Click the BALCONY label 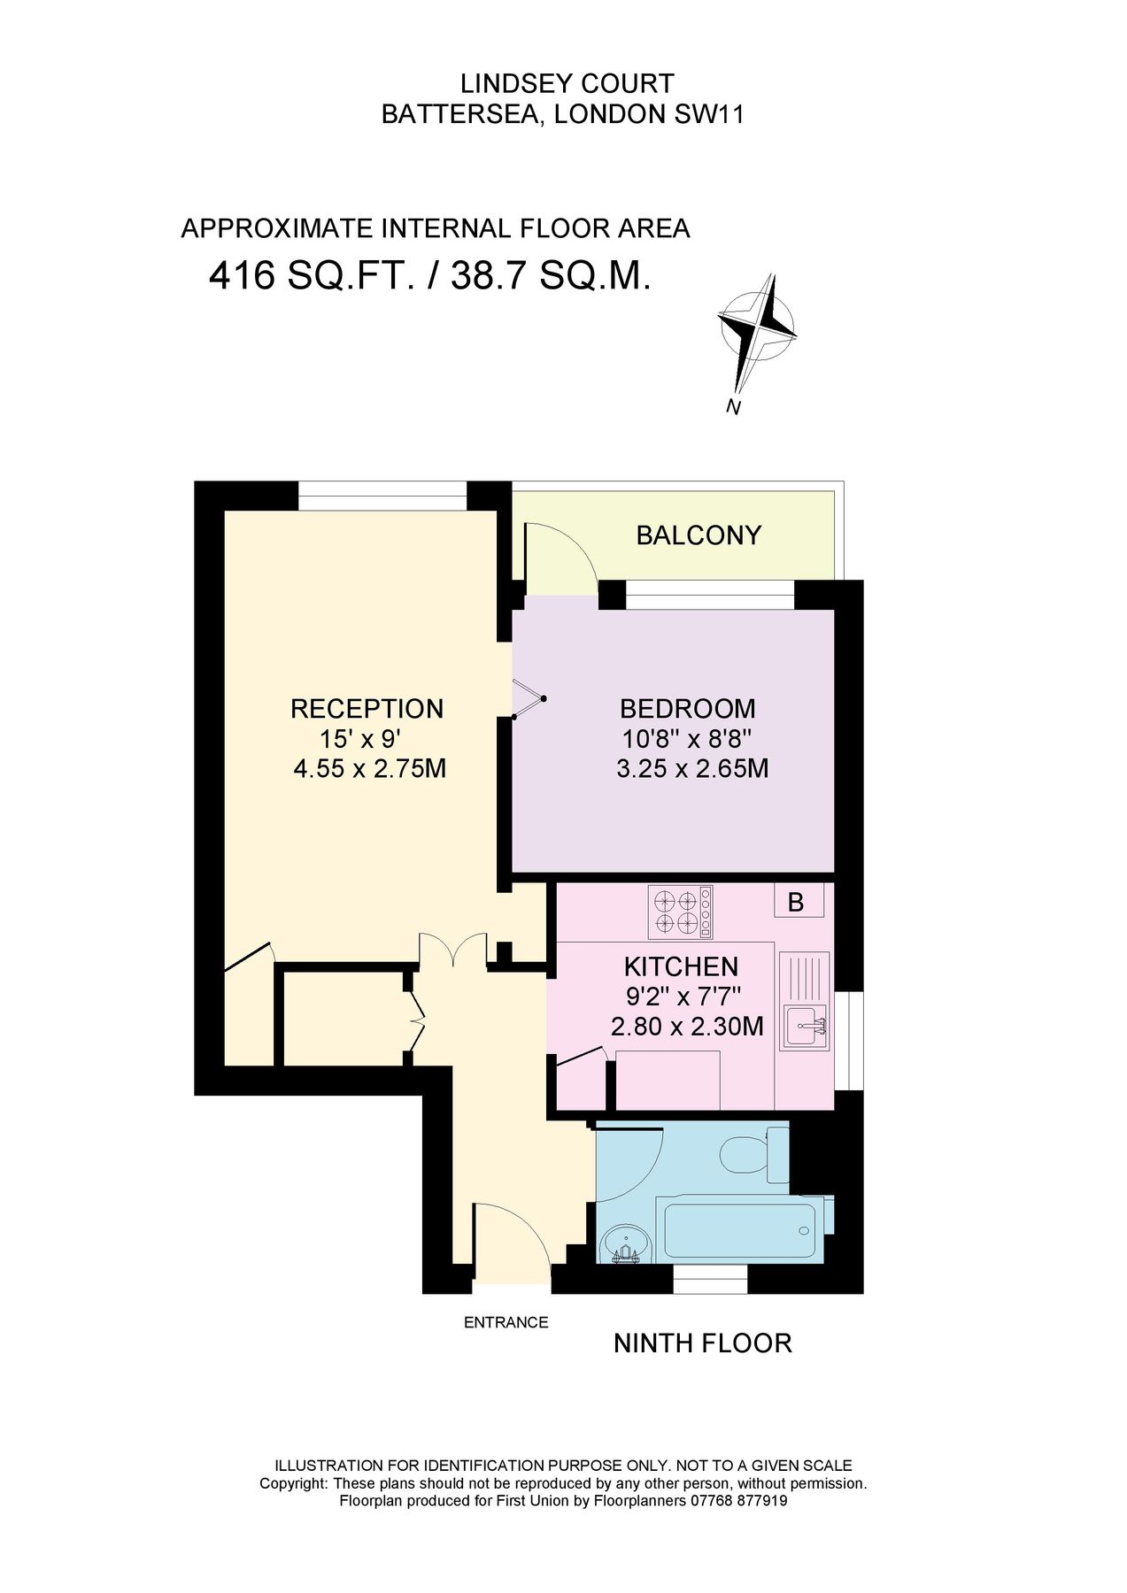click(699, 535)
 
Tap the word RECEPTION click(367, 709)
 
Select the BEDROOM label click(688, 709)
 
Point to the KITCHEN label click(681, 966)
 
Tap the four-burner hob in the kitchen click(680, 912)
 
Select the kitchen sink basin click(804, 1027)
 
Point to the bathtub click(740, 1231)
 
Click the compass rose click(757, 330)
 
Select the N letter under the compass click(733, 407)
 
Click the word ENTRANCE click(506, 1322)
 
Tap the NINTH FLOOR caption click(702, 1343)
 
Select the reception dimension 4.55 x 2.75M click(369, 768)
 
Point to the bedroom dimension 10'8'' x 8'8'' click(687, 738)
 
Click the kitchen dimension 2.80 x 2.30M click(687, 1027)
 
